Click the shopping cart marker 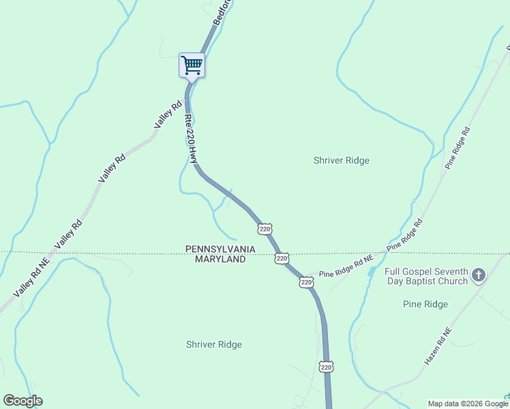(x=192, y=66)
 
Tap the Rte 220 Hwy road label (x=190, y=137)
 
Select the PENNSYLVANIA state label (x=220, y=249)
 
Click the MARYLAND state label (x=220, y=260)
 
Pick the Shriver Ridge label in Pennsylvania (x=341, y=161)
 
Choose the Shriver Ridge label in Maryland (x=213, y=345)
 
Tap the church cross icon (x=479, y=275)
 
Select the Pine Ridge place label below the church (x=425, y=304)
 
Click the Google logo (x=22, y=401)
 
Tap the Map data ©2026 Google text (x=466, y=404)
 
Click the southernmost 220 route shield (x=325, y=367)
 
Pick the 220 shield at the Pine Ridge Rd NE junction (x=306, y=282)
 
